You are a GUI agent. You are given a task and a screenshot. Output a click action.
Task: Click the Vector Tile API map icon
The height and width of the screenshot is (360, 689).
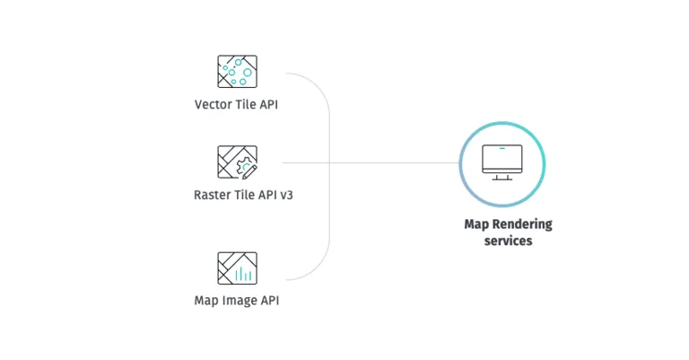tap(237, 71)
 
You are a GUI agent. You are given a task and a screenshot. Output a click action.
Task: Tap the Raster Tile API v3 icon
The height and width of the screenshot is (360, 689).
tap(237, 162)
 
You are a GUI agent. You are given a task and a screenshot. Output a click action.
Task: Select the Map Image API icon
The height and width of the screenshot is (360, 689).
tap(237, 268)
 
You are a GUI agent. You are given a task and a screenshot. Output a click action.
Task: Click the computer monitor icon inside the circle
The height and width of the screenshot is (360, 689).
tap(502, 162)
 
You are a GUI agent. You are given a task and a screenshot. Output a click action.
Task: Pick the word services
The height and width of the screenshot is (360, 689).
tap(508, 241)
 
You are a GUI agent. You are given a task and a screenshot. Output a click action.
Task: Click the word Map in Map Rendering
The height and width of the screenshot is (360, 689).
tap(475, 224)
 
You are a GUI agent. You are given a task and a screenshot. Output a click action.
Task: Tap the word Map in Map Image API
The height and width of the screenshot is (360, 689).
tap(205, 300)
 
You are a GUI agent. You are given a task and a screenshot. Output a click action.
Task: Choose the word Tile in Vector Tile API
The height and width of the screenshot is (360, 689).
tap(246, 104)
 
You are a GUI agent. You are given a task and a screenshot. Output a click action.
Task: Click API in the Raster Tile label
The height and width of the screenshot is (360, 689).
tap(266, 194)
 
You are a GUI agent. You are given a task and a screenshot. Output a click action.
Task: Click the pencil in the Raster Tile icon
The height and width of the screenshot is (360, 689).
tap(250, 169)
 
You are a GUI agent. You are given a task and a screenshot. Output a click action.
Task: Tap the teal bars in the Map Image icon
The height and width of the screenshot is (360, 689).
tap(243, 274)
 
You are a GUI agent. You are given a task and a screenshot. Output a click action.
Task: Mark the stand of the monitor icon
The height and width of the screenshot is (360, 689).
tap(502, 177)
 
